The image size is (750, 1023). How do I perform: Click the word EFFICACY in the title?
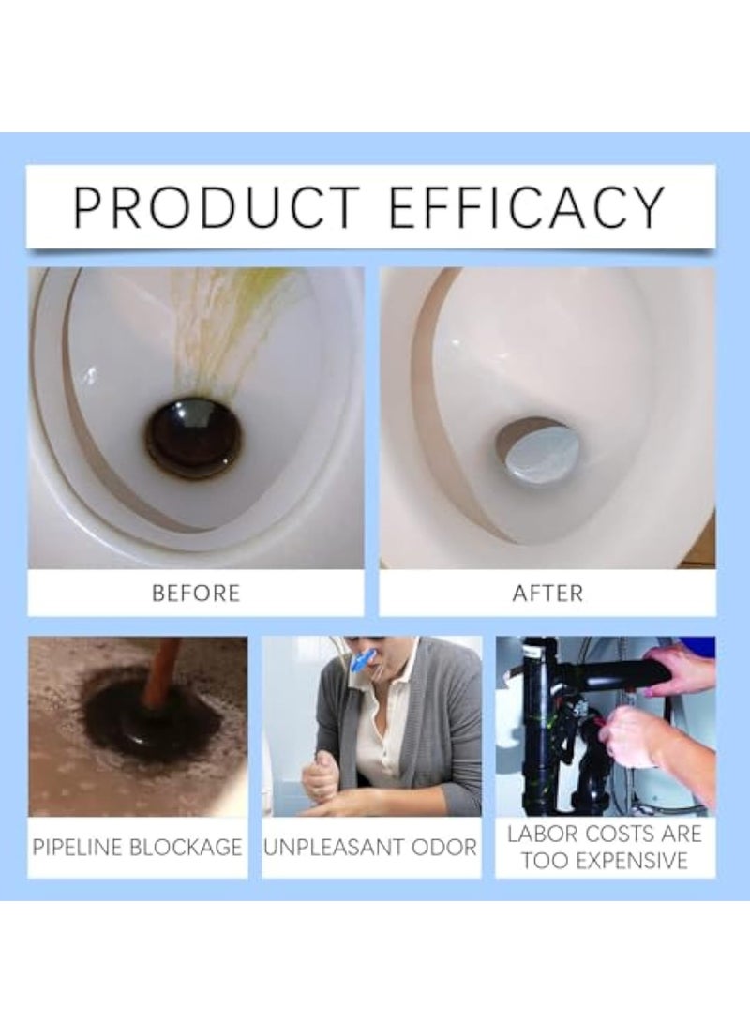[x=527, y=208]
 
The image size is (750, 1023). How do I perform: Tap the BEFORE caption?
[x=195, y=593]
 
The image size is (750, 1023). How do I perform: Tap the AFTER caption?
[x=547, y=593]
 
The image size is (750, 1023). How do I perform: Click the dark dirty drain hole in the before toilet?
[x=194, y=438]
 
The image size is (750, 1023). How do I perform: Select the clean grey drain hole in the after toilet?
[x=537, y=451]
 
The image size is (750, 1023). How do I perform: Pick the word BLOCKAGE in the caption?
[x=191, y=848]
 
